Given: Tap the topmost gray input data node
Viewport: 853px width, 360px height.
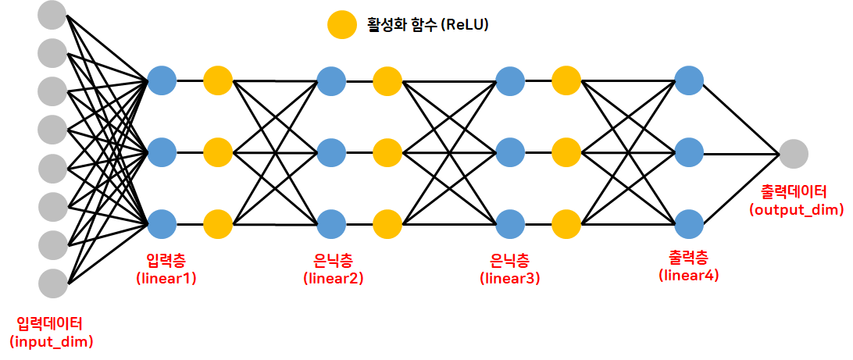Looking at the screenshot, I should (x=52, y=16).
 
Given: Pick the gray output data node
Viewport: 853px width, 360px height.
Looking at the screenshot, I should (x=794, y=152).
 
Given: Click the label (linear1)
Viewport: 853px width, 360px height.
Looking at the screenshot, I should (x=166, y=276).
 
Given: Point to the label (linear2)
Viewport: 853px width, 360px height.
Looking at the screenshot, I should (x=334, y=276).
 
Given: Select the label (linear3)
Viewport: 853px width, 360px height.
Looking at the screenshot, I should (x=509, y=276).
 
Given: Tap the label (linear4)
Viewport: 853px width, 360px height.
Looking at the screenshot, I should (x=689, y=274).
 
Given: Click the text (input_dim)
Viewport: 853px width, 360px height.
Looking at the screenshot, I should (x=52, y=341).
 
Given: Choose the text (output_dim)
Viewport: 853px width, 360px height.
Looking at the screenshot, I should (x=796, y=209).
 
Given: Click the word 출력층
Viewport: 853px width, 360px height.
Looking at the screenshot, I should (x=687, y=255).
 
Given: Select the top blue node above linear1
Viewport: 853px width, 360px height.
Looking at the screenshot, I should (x=162, y=80).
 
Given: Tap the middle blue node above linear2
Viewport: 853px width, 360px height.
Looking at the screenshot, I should (x=331, y=151).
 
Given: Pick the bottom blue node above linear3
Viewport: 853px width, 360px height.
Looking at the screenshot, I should (x=510, y=223).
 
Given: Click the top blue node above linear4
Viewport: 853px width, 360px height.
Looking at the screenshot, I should (x=689, y=80).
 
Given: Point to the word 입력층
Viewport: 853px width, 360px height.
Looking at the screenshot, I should (x=165, y=258).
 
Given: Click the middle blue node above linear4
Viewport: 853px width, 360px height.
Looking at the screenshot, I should (x=689, y=151).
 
